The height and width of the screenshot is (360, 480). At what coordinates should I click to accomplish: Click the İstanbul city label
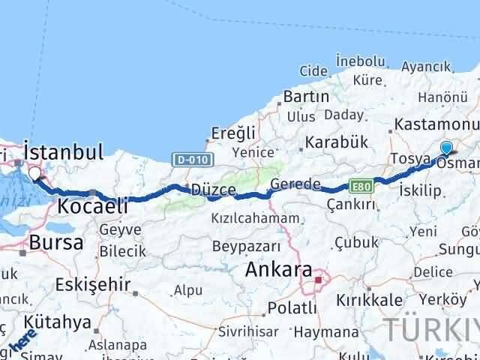64,152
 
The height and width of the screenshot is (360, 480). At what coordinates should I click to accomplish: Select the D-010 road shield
194,159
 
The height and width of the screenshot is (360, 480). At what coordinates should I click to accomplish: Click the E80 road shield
361,184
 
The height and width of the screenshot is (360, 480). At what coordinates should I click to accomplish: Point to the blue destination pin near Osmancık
447,148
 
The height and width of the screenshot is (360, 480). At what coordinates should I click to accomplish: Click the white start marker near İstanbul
34,175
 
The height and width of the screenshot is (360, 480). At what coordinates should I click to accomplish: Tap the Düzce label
214,189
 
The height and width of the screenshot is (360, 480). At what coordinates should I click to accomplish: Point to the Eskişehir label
93,285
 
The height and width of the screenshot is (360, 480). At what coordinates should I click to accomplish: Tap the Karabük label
335,142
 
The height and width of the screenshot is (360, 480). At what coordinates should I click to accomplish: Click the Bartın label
306,97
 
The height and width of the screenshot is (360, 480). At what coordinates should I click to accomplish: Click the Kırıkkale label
374,299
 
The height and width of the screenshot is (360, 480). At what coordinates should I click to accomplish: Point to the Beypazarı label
246,246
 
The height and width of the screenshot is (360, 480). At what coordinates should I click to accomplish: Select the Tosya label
409,160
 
